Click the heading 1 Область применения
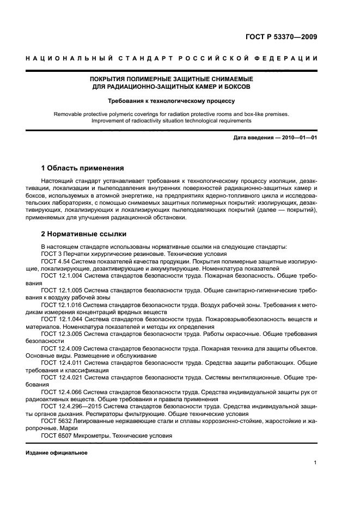[x=83, y=168]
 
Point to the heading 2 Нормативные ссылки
[x=84, y=234]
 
